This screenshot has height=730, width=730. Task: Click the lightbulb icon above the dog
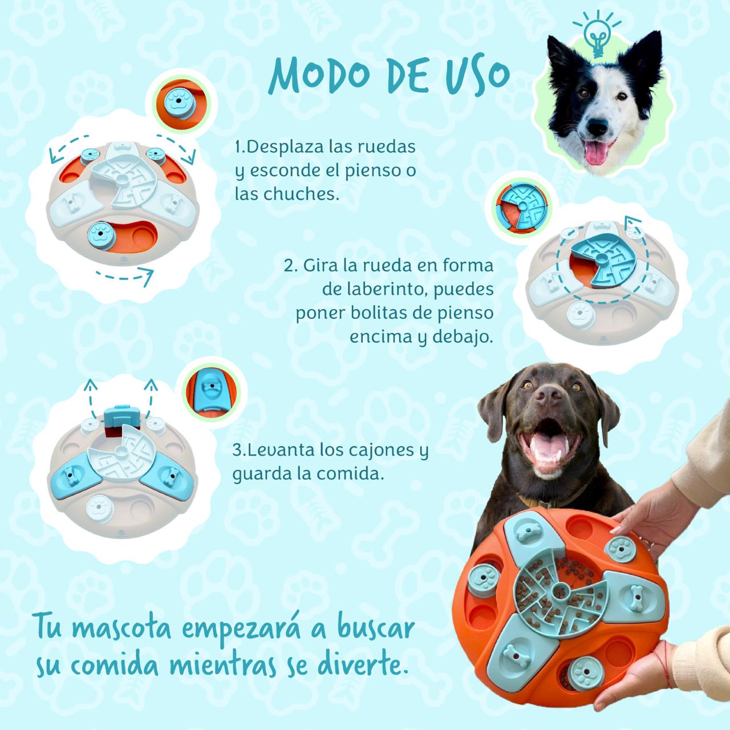pos(598,35)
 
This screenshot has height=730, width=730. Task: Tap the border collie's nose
pos(598,127)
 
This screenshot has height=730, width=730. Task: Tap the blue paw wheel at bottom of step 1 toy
pos(101,236)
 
